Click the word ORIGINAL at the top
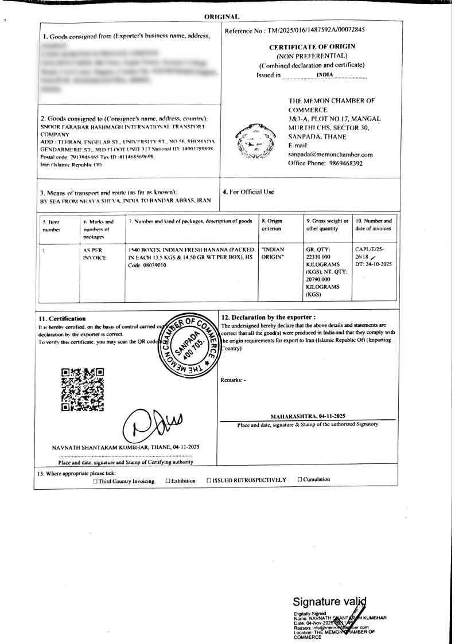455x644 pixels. (221, 17)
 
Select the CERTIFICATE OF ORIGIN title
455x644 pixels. (312, 46)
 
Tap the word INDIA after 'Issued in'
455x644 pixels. (324, 75)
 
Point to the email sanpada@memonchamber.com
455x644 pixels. (330, 154)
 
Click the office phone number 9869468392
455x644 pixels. (343, 163)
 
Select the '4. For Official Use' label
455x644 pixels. (248, 192)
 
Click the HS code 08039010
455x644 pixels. (154, 266)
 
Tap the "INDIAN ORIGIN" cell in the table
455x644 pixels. (273, 253)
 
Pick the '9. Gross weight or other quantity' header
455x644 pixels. (327, 224)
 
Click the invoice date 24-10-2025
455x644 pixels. (373, 264)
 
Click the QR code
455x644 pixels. (83, 390)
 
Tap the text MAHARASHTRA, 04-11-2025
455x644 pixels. (308, 416)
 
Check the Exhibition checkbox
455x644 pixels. (168, 481)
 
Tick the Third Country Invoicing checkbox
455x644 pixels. (95, 481)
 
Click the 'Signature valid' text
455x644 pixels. (329, 602)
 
